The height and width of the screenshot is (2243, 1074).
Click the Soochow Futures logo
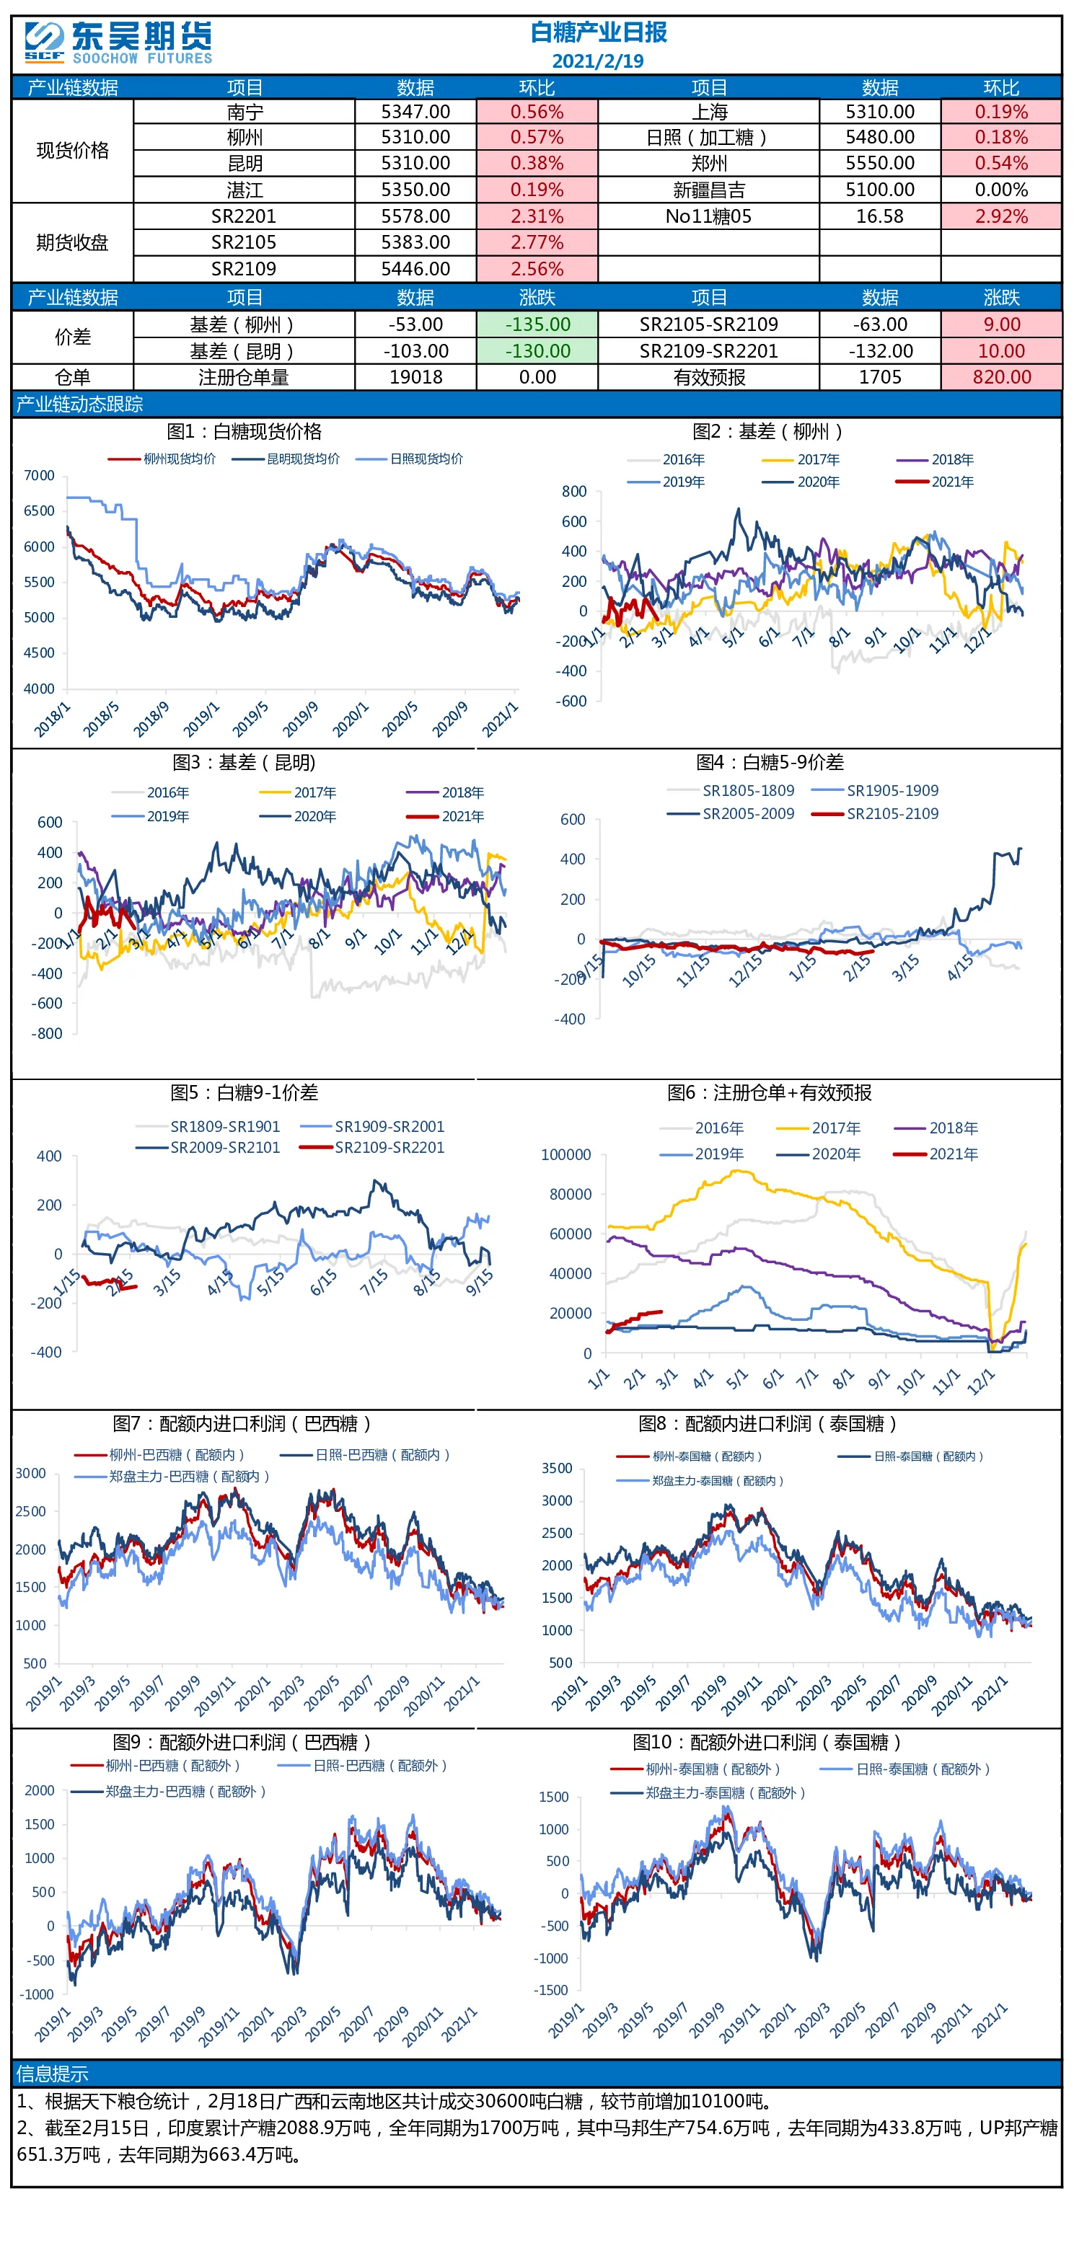click(x=118, y=43)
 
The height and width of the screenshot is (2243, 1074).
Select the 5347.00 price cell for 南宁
click(x=415, y=112)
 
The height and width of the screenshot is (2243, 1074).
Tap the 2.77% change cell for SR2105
click(x=537, y=242)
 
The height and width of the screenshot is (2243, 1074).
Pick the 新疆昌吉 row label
click(x=708, y=190)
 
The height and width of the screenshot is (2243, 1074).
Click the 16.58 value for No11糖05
click(x=880, y=216)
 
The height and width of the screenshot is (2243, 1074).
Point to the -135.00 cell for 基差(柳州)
click(x=537, y=324)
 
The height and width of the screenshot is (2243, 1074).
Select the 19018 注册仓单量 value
click(x=415, y=377)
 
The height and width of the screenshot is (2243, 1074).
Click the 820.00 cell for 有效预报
click(x=1001, y=377)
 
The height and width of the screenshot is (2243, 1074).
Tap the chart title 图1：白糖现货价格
click(x=244, y=431)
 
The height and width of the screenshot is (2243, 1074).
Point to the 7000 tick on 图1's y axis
click(x=39, y=475)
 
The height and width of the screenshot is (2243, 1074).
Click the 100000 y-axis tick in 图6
click(x=566, y=1154)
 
